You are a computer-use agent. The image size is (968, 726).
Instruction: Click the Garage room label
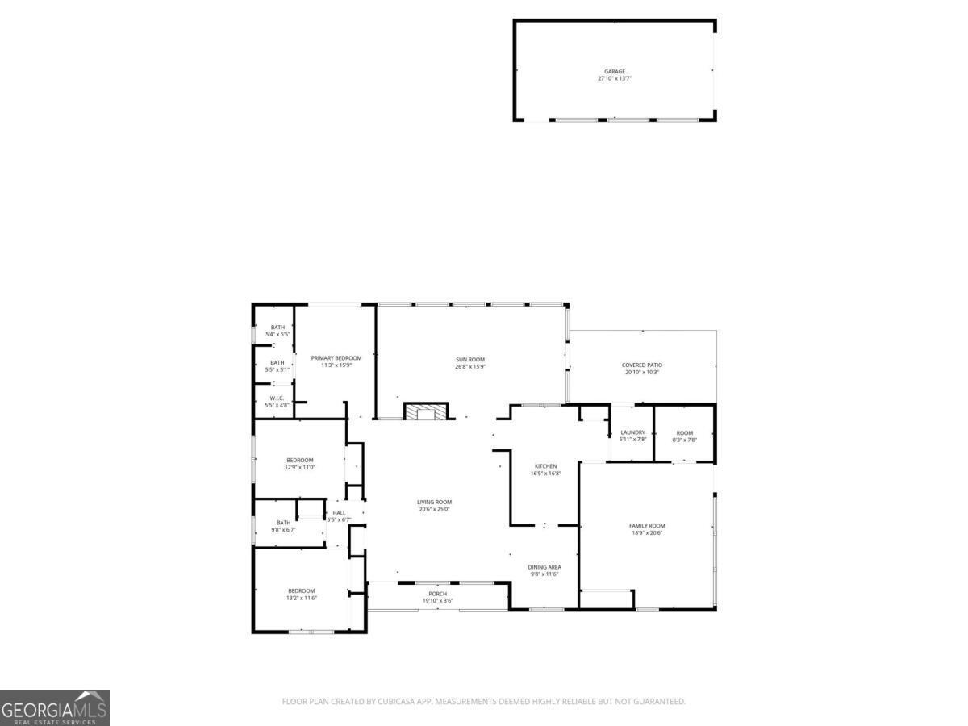pyautogui.click(x=615, y=72)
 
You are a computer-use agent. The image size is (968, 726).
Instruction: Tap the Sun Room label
pyautogui.click(x=469, y=360)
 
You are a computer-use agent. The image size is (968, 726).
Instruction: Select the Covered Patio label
pyautogui.click(x=642, y=365)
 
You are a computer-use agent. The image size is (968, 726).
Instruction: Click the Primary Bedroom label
pyautogui.click(x=336, y=358)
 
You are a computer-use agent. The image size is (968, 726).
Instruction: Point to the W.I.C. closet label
pyautogui.click(x=277, y=398)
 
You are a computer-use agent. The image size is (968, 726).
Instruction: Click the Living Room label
pyautogui.click(x=434, y=502)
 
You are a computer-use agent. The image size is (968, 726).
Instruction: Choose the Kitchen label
pyautogui.click(x=546, y=466)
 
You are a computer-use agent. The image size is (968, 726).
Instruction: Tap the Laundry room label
pyautogui.click(x=632, y=432)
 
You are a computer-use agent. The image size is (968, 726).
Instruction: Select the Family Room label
pyautogui.click(x=647, y=526)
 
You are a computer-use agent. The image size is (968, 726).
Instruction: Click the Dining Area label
pyautogui.click(x=544, y=567)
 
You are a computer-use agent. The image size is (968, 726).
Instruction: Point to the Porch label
pyautogui.click(x=437, y=594)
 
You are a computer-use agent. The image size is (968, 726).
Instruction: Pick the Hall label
pyautogui.click(x=339, y=513)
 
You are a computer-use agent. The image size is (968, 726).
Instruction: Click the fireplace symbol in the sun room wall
pyautogui.click(x=425, y=413)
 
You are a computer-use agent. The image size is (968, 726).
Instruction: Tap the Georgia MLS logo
pyautogui.click(x=55, y=707)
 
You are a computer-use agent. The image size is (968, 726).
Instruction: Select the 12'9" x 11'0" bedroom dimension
pyautogui.click(x=299, y=467)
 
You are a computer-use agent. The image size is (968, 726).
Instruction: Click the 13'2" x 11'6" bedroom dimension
pyautogui.click(x=301, y=598)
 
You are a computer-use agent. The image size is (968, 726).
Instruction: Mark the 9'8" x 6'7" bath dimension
pyautogui.click(x=283, y=530)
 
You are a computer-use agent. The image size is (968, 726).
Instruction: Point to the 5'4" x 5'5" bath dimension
pyautogui.click(x=277, y=334)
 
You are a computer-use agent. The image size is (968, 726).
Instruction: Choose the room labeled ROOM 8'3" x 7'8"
pyautogui.click(x=684, y=436)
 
